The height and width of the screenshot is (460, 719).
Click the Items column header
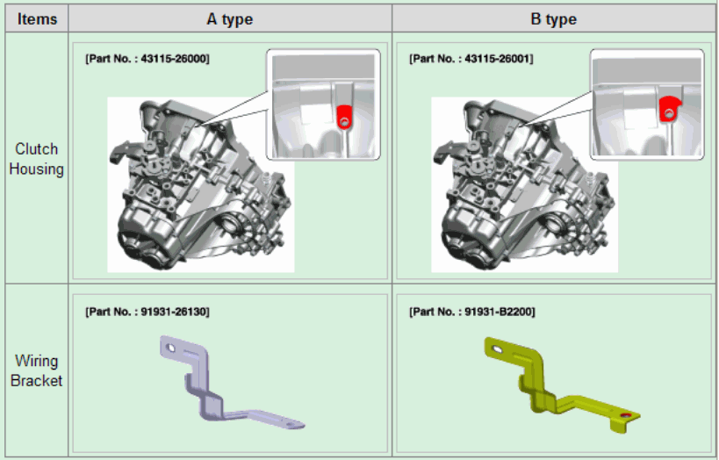tap(37, 18)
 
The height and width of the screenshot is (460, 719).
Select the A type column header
tap(230, 18)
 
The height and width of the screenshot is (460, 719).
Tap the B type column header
tap(553, 18)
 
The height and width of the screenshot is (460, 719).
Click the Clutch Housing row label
tap(36, 159)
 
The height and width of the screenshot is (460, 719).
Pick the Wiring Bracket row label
tap(36, 370)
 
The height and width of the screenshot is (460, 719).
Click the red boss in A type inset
tap(343, 117)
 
